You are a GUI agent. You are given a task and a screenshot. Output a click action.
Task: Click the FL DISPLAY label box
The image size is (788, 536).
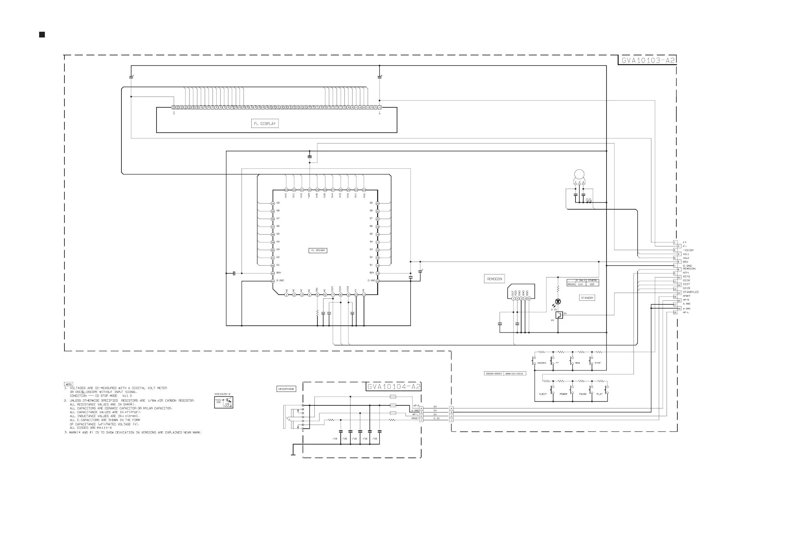coord(265,124)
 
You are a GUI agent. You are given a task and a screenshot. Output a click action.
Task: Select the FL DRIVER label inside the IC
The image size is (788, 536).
coord(318,250)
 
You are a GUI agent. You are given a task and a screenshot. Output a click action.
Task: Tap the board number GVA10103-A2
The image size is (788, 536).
coord(648,60)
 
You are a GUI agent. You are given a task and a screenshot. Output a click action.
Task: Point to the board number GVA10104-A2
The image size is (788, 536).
coord(394,386)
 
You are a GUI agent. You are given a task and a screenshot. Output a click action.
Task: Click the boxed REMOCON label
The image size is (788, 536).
coord(495,279)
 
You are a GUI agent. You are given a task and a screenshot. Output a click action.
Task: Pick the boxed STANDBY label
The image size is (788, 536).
coord(587,298)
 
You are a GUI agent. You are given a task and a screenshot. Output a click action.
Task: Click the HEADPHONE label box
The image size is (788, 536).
coord(286,389)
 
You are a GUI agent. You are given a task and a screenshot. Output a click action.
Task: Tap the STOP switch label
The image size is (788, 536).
coord(597,363)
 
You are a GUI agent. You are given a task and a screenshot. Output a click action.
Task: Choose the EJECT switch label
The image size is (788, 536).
coord(543,394)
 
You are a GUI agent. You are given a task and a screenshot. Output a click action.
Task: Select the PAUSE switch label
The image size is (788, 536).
coord(583,394)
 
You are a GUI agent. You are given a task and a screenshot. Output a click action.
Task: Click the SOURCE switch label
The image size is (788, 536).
coord(542,363)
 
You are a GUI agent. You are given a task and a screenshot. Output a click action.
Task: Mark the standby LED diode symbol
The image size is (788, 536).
coord(558,301)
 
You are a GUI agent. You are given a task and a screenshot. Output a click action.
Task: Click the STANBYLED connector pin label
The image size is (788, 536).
coord(691,292)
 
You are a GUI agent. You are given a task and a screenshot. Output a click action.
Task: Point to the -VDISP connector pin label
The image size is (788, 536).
coord(688,250)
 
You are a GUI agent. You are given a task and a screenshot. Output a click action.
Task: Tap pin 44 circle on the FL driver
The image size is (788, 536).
coord(273,281)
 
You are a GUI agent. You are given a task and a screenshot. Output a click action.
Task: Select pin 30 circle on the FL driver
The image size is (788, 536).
coord(310,190)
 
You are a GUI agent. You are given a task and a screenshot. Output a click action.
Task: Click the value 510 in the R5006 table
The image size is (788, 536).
coord(581,284)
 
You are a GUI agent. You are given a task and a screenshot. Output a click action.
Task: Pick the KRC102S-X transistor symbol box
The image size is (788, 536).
coord(224,402)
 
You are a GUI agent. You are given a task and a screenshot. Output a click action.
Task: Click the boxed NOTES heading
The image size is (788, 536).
coord(68,384)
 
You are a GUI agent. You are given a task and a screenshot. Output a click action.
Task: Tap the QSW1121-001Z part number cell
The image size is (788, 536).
coord(514,374)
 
